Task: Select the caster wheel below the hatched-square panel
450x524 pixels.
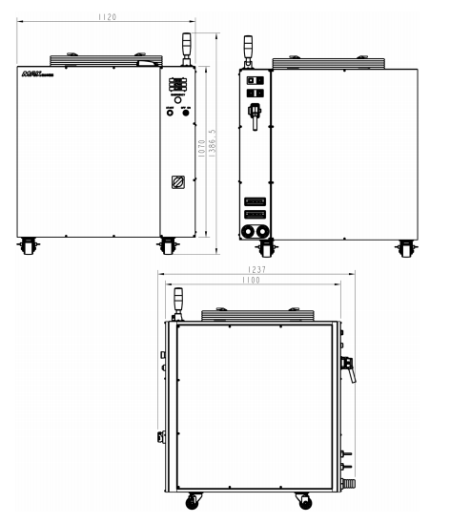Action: point(167,245)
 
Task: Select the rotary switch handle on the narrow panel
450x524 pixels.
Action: point(255,115)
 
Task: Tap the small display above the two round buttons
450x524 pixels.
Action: point(176,85)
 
